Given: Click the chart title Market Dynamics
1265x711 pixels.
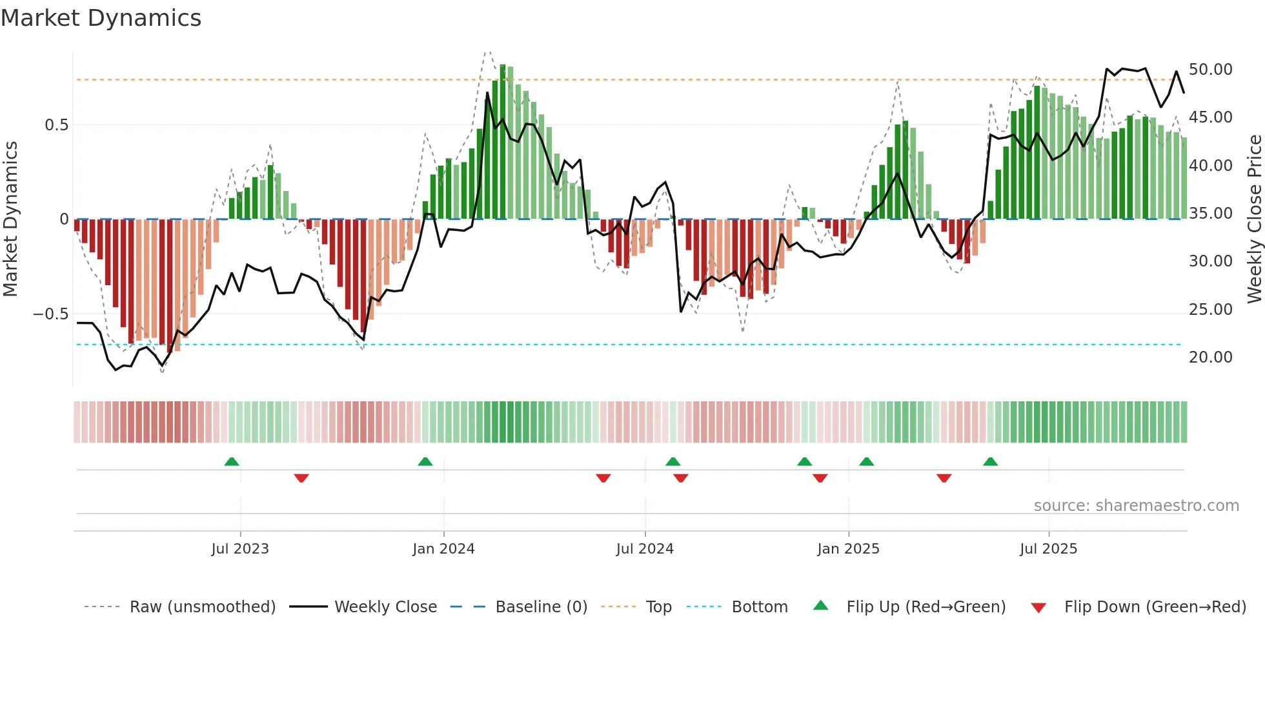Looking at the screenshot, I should [101, 18].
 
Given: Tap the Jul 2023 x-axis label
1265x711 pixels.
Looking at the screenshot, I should [240, 549].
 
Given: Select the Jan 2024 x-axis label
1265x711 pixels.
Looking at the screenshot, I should [443, 549].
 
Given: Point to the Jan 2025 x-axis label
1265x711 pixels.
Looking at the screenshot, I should [848, 549].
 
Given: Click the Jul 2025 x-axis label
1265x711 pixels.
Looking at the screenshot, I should [1048, 549].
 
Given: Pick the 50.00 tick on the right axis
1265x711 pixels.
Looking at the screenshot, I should [1210, 70].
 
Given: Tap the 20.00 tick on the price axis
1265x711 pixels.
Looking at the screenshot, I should [1210, 357].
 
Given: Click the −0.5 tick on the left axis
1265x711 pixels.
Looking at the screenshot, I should [50, 314].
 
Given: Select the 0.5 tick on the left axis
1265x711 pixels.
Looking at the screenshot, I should [56, 125].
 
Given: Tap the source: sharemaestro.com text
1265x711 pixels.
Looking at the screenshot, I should [1136, 506].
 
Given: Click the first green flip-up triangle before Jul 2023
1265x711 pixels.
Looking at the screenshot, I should [232, 461].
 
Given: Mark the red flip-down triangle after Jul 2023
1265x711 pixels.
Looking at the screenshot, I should [301, 478].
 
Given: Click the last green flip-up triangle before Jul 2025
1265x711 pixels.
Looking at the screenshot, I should [990, 461].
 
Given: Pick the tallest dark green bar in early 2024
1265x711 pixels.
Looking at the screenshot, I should [503, 142].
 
